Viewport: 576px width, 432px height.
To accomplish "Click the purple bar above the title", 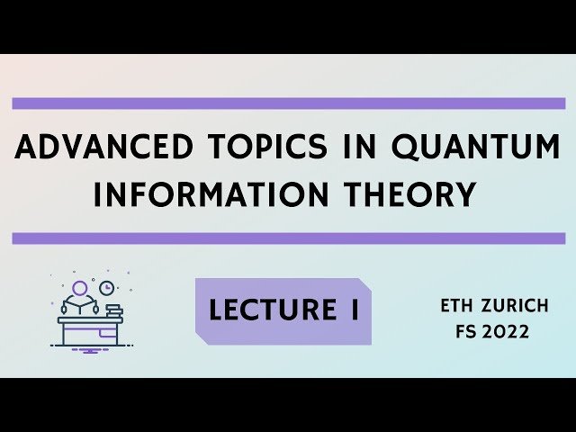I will click(x=288, y=103).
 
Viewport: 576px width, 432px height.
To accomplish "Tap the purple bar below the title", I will click(x=288, y=238).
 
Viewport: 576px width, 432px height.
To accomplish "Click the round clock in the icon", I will click(x=106, y=288).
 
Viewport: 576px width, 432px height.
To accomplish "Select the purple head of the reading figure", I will click(x=80, y=288).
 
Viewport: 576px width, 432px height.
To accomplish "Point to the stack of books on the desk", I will click(x=113, y=311).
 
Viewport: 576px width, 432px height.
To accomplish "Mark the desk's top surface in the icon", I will click(x=90, y=319).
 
